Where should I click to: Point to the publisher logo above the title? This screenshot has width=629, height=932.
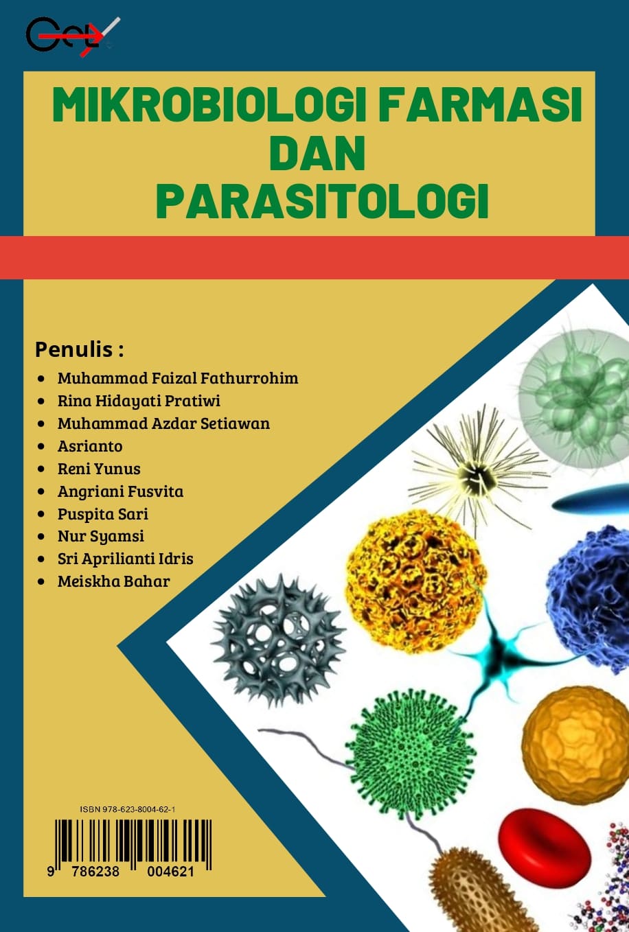pos(72,35)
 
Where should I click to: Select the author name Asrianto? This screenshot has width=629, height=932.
pos(90,446)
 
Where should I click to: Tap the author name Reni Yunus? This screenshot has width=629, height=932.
pos(99,469)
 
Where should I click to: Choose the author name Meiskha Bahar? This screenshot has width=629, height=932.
pos(113,581)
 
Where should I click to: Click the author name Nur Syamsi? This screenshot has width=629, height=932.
pos(101,536)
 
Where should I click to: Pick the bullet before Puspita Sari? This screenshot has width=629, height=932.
pos(42,514)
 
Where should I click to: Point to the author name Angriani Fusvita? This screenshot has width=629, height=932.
pos(120,491)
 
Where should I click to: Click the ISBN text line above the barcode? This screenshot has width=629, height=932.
pos(128,810)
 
